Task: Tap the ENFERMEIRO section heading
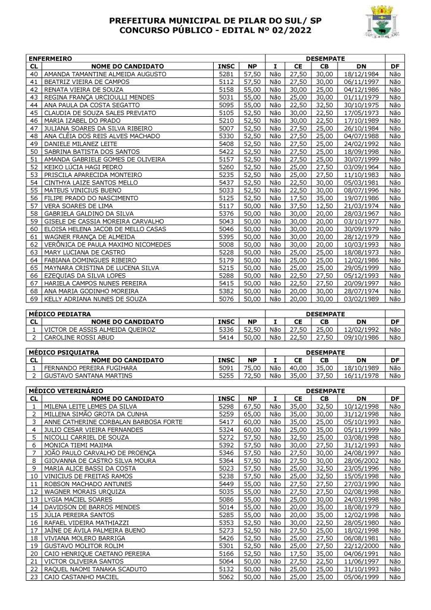pyautogui.click(x=50, y=59)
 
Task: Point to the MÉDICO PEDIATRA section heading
pyautogui.click(x=60, y=313)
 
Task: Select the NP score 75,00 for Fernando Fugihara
pyautogui.click(x=253, y=368)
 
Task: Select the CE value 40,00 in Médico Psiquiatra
pyautogui.click(x=299, y=368)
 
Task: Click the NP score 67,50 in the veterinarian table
pyautogui.click(x=253, y=406)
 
